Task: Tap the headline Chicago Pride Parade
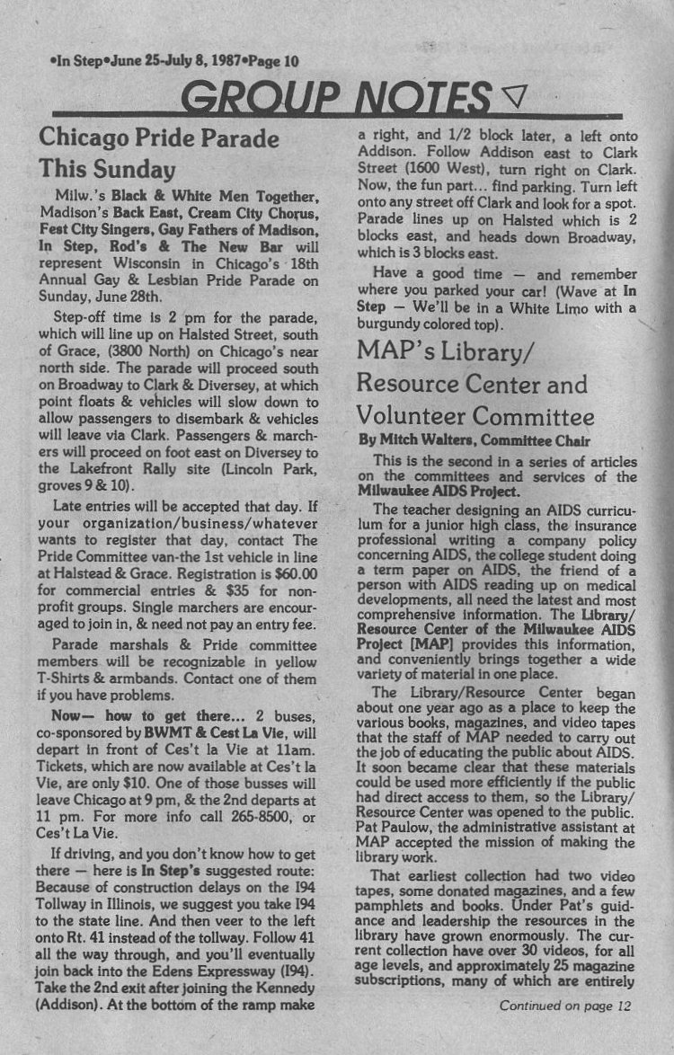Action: [158, 138]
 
